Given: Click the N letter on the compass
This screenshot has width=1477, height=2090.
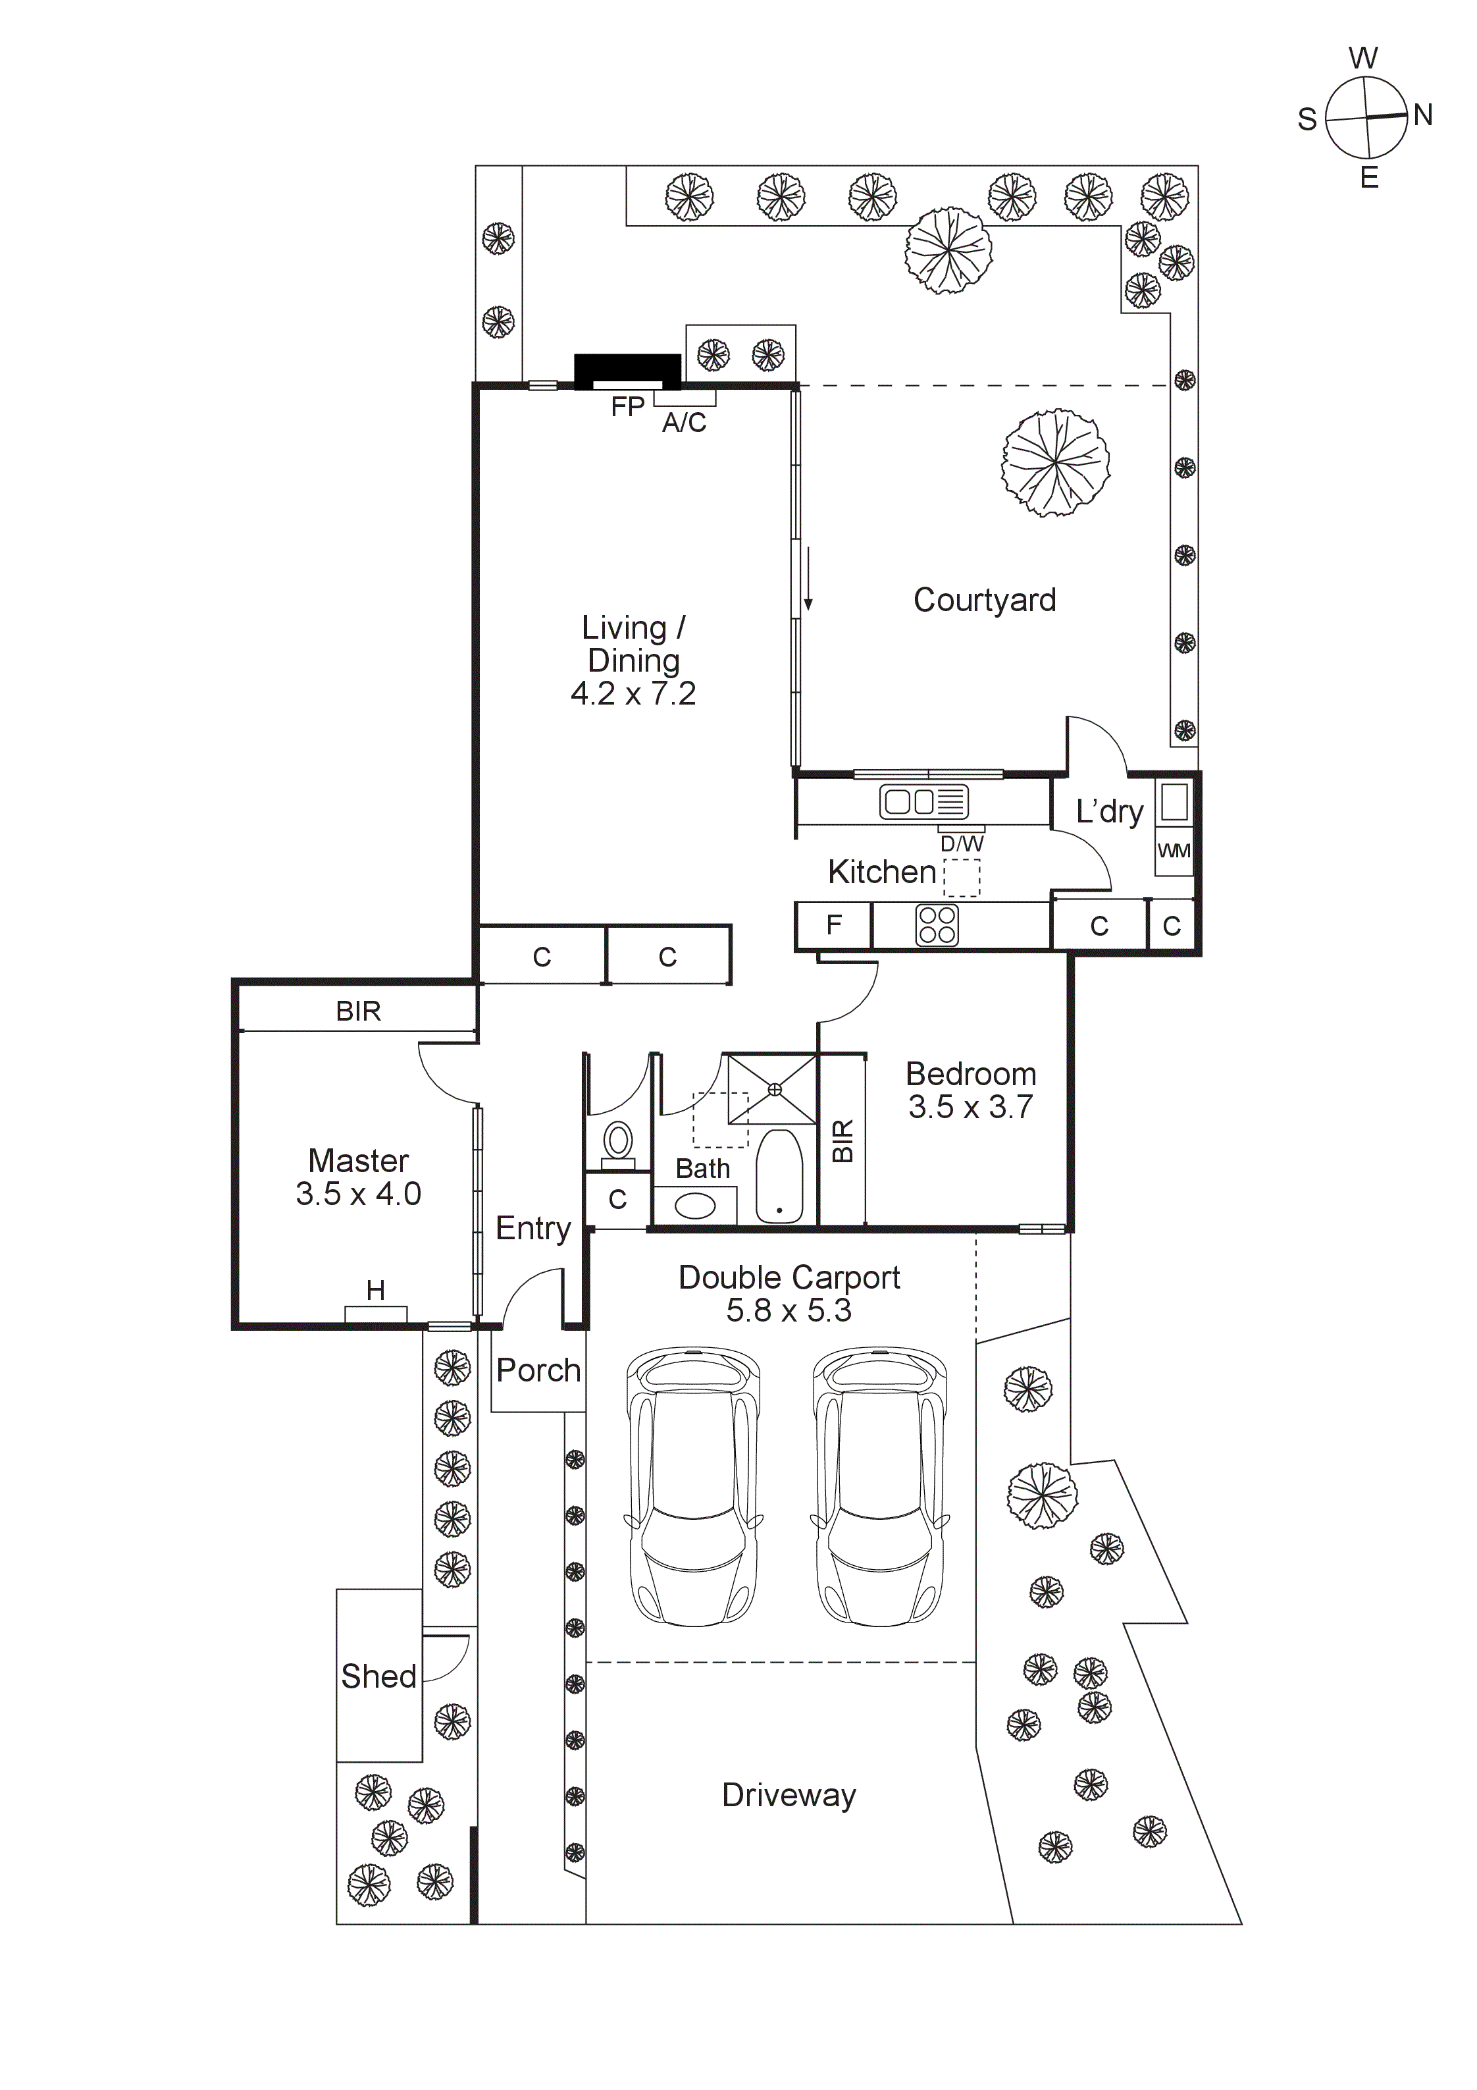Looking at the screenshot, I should [1422, 116].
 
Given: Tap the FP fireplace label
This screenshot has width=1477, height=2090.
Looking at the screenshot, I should [627, 407].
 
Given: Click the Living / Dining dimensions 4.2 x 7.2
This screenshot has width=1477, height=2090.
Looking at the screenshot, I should [633, 693].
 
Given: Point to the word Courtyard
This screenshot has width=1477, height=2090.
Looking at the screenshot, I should [984, 600].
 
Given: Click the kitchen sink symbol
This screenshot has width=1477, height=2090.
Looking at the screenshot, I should [923, 802].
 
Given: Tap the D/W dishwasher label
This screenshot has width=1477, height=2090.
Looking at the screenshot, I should [961, 844].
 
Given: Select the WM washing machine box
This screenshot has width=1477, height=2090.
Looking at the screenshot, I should [1173, 851].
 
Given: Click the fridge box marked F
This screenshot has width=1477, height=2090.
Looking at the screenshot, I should [833, 925].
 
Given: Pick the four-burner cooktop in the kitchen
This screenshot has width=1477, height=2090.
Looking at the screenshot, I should [937, 925].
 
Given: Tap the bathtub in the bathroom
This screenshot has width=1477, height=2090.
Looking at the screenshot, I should [779, 1175].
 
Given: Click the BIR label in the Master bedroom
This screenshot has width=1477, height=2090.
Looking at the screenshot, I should [357, 1011].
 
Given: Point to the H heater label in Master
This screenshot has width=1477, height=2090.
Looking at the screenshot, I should [375, 1290].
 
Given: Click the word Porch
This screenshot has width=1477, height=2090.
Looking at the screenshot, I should [538, 1370].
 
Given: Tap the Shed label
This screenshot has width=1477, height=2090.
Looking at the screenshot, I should [378, 1676].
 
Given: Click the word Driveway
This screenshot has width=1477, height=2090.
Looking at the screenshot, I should [788, 1795].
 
